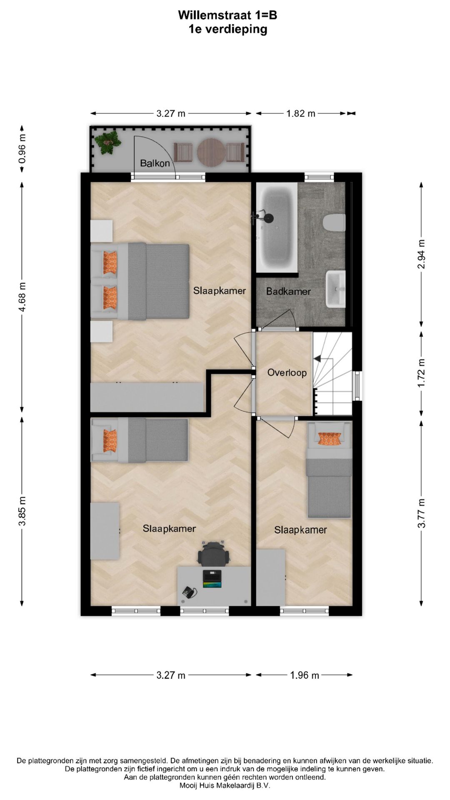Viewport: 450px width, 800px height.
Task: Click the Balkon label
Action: pos(155,163)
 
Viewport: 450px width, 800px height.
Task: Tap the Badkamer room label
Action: pos(288,291)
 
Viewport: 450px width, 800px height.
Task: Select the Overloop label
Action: pos(287,372)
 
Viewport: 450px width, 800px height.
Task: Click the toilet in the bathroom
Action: pos(335,222)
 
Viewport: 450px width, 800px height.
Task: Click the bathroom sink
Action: pos(336,288)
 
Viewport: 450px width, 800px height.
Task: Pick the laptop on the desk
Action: pos(212,579)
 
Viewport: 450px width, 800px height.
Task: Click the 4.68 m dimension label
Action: pos(22,297)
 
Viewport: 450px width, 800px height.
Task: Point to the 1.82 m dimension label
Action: pos(300,113)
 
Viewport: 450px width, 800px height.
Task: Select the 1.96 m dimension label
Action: pos(304,675)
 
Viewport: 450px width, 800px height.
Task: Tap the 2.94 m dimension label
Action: pos(422,254)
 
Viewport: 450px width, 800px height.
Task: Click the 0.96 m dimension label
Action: pos(22,148)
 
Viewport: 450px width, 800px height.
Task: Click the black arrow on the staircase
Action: pos(317,358)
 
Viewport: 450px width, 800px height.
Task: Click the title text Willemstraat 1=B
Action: pos(227,15)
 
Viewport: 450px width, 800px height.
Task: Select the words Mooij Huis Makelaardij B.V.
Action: pos(225,785)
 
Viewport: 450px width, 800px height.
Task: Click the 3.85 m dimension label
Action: pos(22,511)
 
